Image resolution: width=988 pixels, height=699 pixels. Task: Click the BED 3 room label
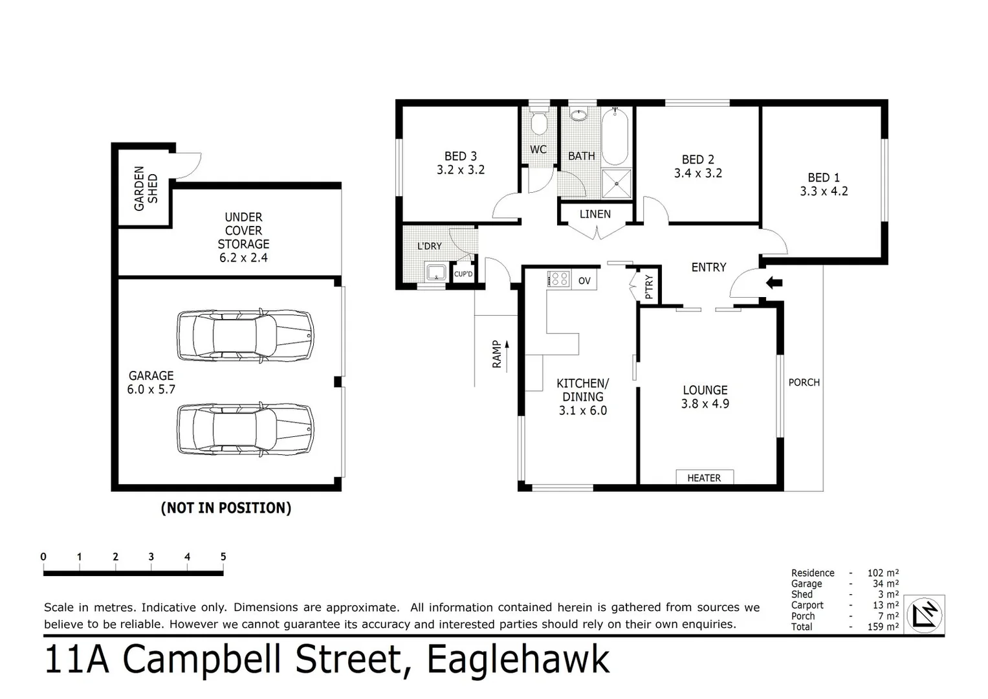click(460, 163)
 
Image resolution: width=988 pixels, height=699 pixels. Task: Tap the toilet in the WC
click(538, 122)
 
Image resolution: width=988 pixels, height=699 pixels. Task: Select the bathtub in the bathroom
click(615, 138)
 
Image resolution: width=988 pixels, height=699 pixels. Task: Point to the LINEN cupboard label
click(595, 214)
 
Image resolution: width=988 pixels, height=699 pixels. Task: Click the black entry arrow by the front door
click(774, 282)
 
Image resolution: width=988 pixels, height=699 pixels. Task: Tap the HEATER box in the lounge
click(704, 478)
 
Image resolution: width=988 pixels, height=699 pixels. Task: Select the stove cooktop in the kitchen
click(558, 280)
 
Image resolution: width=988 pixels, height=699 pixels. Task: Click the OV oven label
click(584, 281)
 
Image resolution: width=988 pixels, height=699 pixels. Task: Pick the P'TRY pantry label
click(649, 287)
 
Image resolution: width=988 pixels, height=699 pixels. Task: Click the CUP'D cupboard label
click(463, 274)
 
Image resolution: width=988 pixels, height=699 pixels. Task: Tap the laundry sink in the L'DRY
click(435, 272)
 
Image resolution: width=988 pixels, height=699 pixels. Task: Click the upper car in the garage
click(245, 335)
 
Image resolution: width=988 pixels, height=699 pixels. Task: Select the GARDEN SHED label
click(146, 188)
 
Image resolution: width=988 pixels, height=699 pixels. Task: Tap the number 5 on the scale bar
click(223, 557)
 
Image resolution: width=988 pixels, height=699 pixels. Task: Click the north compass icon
click(924, 614)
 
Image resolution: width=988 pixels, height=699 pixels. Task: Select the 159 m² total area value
click(883, 627)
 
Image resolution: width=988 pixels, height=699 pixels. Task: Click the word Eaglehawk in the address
click(518, 660)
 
